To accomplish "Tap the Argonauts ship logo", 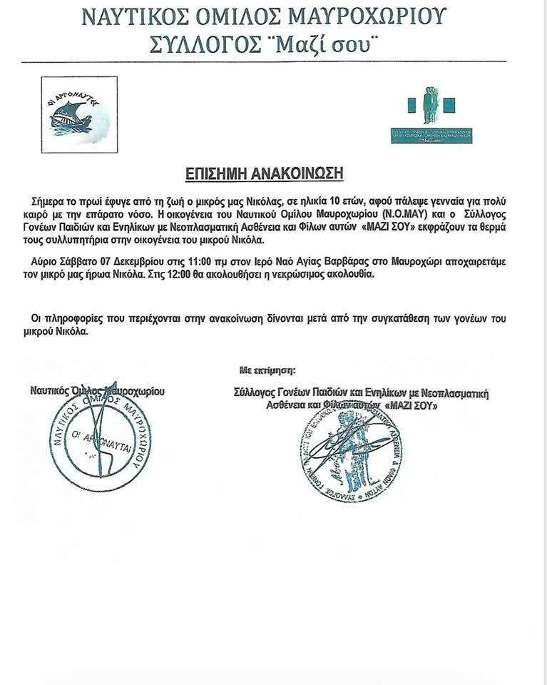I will click(79, 115).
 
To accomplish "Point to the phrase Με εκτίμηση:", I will click(267, 370).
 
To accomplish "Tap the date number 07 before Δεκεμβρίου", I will click(84, 262).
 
